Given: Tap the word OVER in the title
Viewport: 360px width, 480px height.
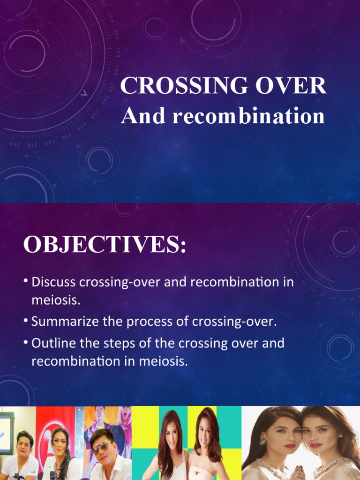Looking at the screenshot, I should coord(291,86).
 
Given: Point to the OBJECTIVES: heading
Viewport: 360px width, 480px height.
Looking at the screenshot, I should coord(105,245).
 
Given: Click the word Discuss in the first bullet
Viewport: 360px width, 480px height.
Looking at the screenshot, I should coord(54,283).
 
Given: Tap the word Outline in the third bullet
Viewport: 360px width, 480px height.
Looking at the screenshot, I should coord(51,343).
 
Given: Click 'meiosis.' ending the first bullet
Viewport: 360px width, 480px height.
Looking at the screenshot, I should coord(56,301).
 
